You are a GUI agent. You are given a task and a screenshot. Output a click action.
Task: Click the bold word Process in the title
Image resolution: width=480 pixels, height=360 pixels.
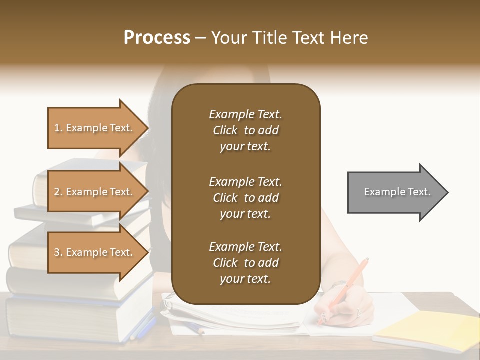click(157, 38)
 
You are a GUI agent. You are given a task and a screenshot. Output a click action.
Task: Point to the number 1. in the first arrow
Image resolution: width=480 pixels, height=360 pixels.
click(58, 128)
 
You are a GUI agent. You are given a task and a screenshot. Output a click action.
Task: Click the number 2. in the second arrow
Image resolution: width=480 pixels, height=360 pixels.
click(58, 192)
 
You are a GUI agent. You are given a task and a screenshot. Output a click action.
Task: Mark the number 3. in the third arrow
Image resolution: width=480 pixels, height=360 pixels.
click(58, 252)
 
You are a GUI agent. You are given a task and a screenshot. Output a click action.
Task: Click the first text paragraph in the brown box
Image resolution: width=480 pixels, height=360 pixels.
click(245, 130)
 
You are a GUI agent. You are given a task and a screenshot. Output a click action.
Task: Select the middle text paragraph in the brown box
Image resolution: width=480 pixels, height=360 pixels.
click(245, 198)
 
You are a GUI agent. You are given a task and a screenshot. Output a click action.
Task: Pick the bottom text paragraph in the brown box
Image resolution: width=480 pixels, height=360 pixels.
click(245, 263)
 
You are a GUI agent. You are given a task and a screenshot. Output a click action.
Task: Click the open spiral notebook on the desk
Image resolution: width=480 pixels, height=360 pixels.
click(235, 315)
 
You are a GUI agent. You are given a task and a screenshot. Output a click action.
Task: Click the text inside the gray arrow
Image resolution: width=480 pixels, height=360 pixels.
click(397, 192)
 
